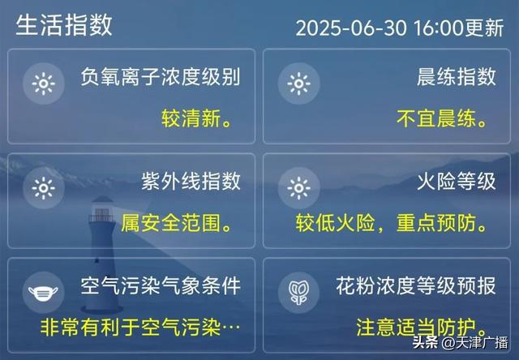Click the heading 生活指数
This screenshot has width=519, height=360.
point(64,25)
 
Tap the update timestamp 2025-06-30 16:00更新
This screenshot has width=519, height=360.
point(400,28)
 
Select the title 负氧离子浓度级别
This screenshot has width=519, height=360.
point(161,77)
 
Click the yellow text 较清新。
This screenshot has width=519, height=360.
point(196,118)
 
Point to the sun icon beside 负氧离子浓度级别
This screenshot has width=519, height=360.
point(44,84)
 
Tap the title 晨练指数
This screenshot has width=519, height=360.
point(457,77)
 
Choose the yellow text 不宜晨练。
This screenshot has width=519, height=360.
point(442,118)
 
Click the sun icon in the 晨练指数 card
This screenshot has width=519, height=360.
point(299,84)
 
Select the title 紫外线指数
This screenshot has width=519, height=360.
point(191,181)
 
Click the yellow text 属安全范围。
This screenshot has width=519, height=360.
point(176,223)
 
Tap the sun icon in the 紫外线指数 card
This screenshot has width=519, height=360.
point(44,188)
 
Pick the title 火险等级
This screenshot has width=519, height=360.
point(457,181)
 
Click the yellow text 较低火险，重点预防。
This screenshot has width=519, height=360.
point(392,223)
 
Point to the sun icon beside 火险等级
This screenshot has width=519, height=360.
point(299,188)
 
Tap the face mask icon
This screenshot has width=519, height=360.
point(43,293)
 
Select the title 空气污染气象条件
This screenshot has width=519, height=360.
point(161,285)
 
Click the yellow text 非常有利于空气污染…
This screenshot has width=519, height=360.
point(140,328)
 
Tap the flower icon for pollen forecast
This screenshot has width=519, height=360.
point(299,293)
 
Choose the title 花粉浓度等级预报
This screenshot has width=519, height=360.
point(416,285)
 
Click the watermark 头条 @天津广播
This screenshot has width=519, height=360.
point(460,343)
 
